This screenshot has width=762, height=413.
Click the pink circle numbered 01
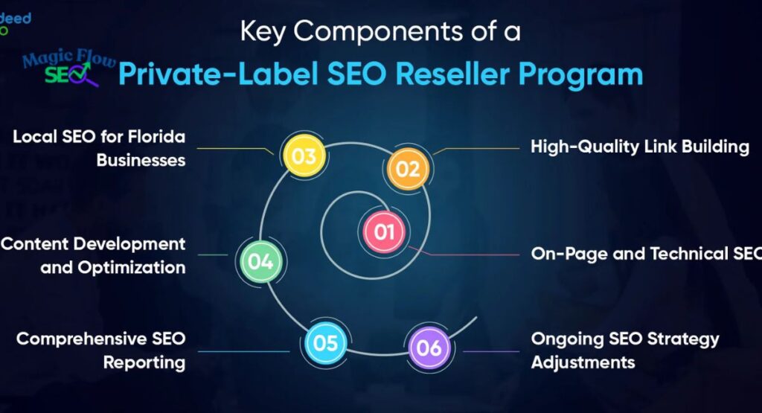point(383,232)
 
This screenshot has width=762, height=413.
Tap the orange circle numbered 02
point(408,169)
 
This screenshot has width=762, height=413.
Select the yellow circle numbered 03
point(304,156)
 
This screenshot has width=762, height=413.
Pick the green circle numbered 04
point(261,261)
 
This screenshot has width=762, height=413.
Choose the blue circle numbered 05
point(326,343)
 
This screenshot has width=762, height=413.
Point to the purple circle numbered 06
point(429,348)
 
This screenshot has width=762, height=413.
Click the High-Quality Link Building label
point(639,147)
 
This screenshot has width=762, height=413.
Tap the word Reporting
point(144,362)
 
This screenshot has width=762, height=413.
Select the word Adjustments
point(583,362)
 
